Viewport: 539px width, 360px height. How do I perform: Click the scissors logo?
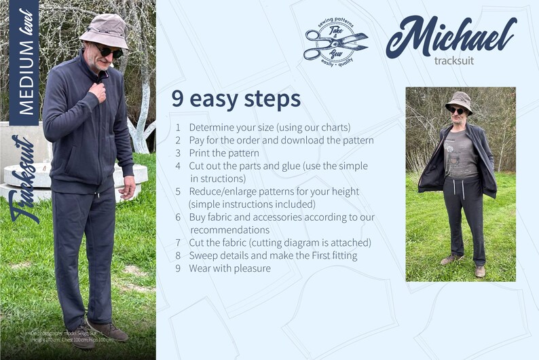(x=335, y=39)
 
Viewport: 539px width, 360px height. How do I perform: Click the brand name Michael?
(x=451, y=35)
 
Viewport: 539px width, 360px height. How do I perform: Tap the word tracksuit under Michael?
(x=454, y=60)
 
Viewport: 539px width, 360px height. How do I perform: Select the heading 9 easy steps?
(x=236, y=99)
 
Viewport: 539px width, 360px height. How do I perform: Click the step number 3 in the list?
(x=178, y=153)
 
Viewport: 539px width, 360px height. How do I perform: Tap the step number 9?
(x=178, y=268)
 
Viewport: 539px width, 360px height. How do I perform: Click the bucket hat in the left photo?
(x=103, y=30)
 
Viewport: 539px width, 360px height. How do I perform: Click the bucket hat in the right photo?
(x=459, y=101)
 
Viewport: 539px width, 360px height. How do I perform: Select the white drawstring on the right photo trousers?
(x=463, y=189)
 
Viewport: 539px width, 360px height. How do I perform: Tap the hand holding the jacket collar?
(x=98, y=90)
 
